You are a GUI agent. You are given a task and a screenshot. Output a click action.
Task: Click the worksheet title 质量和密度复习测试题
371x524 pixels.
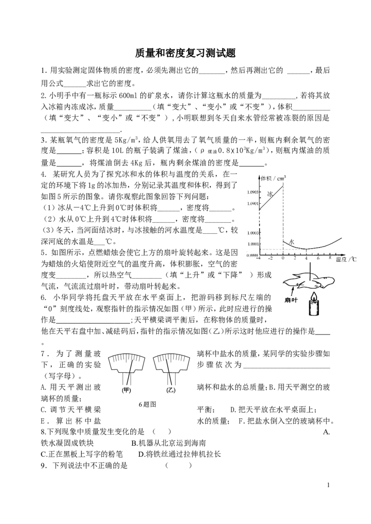tap(185, 53)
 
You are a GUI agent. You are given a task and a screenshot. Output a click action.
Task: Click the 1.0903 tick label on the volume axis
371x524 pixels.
tap(253, 192)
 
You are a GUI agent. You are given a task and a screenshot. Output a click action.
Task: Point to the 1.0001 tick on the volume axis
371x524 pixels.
tap(253, 243)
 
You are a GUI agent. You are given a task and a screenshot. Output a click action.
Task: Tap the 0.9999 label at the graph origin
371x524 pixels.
tap(252, 256)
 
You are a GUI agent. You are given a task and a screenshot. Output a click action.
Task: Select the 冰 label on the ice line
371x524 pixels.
tap(270, 193)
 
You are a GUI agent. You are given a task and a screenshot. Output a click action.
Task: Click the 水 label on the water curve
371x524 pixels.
tap(291, 242)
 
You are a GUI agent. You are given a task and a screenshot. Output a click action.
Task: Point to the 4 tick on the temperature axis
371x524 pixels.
tap(307, 258)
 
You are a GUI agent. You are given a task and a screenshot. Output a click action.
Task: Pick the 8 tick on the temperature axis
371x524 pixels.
tap(330, 258)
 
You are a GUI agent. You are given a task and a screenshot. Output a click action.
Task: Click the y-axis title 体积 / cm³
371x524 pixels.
tap(273, 179)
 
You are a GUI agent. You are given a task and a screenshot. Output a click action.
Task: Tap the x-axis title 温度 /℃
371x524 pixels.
tap(346, 259)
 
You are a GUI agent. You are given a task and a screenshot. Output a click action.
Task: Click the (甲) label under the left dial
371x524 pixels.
tap(126, 390)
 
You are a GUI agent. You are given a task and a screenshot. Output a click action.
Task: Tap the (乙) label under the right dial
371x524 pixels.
tap(171, 390)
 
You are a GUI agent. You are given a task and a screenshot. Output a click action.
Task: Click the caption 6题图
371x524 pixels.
tap(147, 404)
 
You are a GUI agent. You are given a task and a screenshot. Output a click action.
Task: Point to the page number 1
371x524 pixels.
tap(328, 485)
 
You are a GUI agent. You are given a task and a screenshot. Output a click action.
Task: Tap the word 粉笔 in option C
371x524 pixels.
tap(115, 454)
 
